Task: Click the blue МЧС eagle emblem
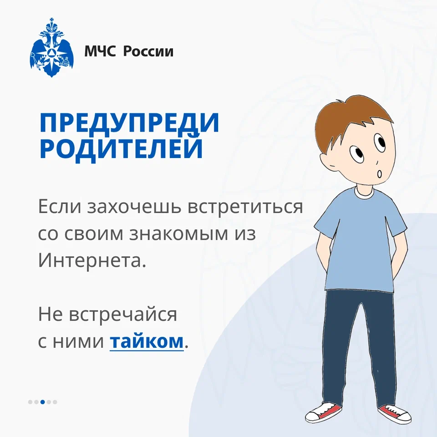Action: point(51,48)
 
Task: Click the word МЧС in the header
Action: point(100,51)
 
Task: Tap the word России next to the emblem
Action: point(148,51)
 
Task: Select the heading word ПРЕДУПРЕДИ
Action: point(129,123)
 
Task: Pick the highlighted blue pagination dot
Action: point(43,402)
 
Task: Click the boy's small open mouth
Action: point(379,174)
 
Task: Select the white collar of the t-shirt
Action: point(364,193)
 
